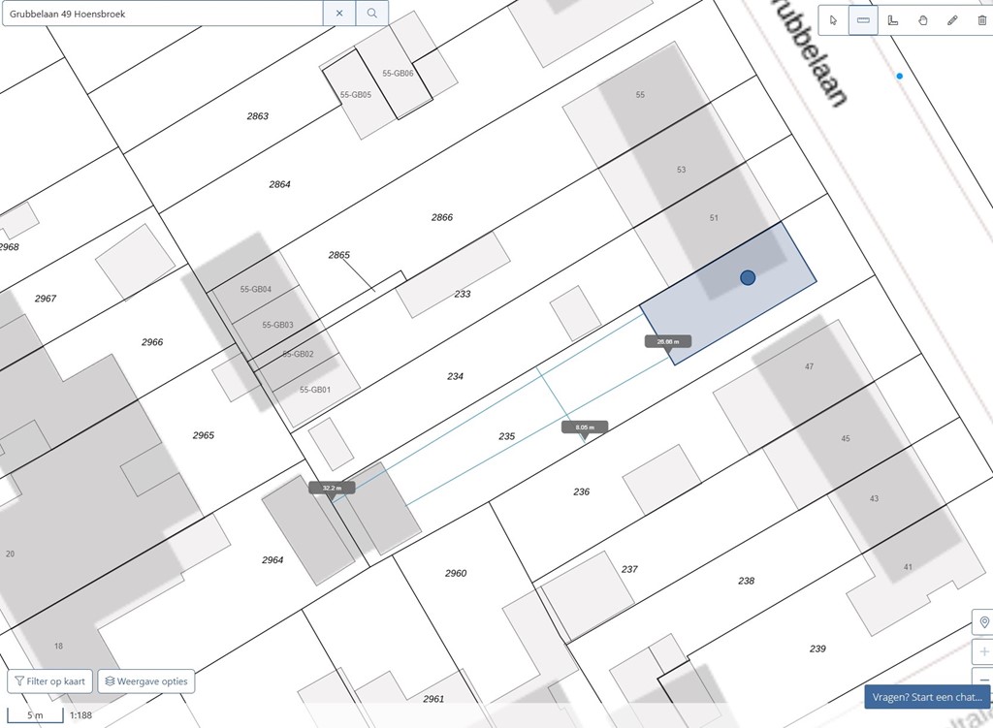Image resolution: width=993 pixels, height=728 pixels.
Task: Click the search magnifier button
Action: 372,14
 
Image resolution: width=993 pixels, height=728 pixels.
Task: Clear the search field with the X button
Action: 339,14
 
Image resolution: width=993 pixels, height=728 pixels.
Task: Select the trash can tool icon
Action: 981,20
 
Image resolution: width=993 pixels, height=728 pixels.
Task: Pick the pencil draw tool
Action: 952,20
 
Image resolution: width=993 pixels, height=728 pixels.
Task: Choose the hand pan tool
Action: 922,20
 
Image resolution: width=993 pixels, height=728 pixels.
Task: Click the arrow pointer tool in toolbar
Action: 834,20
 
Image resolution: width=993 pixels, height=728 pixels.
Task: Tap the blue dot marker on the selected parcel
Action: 748,278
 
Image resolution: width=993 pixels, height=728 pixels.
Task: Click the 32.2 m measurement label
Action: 332,488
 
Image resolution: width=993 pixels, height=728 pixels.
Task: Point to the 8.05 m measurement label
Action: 584,427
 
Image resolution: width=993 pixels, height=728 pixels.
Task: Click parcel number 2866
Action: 442,218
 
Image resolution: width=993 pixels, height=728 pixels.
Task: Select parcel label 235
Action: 506,437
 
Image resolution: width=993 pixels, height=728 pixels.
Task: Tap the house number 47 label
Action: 809,366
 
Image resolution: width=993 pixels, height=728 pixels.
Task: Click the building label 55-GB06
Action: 398,74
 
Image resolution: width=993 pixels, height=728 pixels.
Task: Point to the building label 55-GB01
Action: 315,390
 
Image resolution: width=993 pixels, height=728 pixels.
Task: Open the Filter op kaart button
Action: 49,681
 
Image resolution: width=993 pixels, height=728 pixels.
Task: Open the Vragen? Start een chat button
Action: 927,697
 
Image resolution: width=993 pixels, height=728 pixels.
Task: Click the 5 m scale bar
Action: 35,715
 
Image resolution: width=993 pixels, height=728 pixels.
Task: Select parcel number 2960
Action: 456,574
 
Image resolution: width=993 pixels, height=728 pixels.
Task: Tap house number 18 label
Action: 58,647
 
